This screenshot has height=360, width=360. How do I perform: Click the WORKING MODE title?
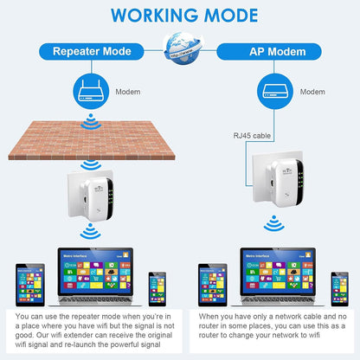click(x=179, y=15)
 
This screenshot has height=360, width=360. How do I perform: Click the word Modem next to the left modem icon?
click(x=128, y=90)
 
